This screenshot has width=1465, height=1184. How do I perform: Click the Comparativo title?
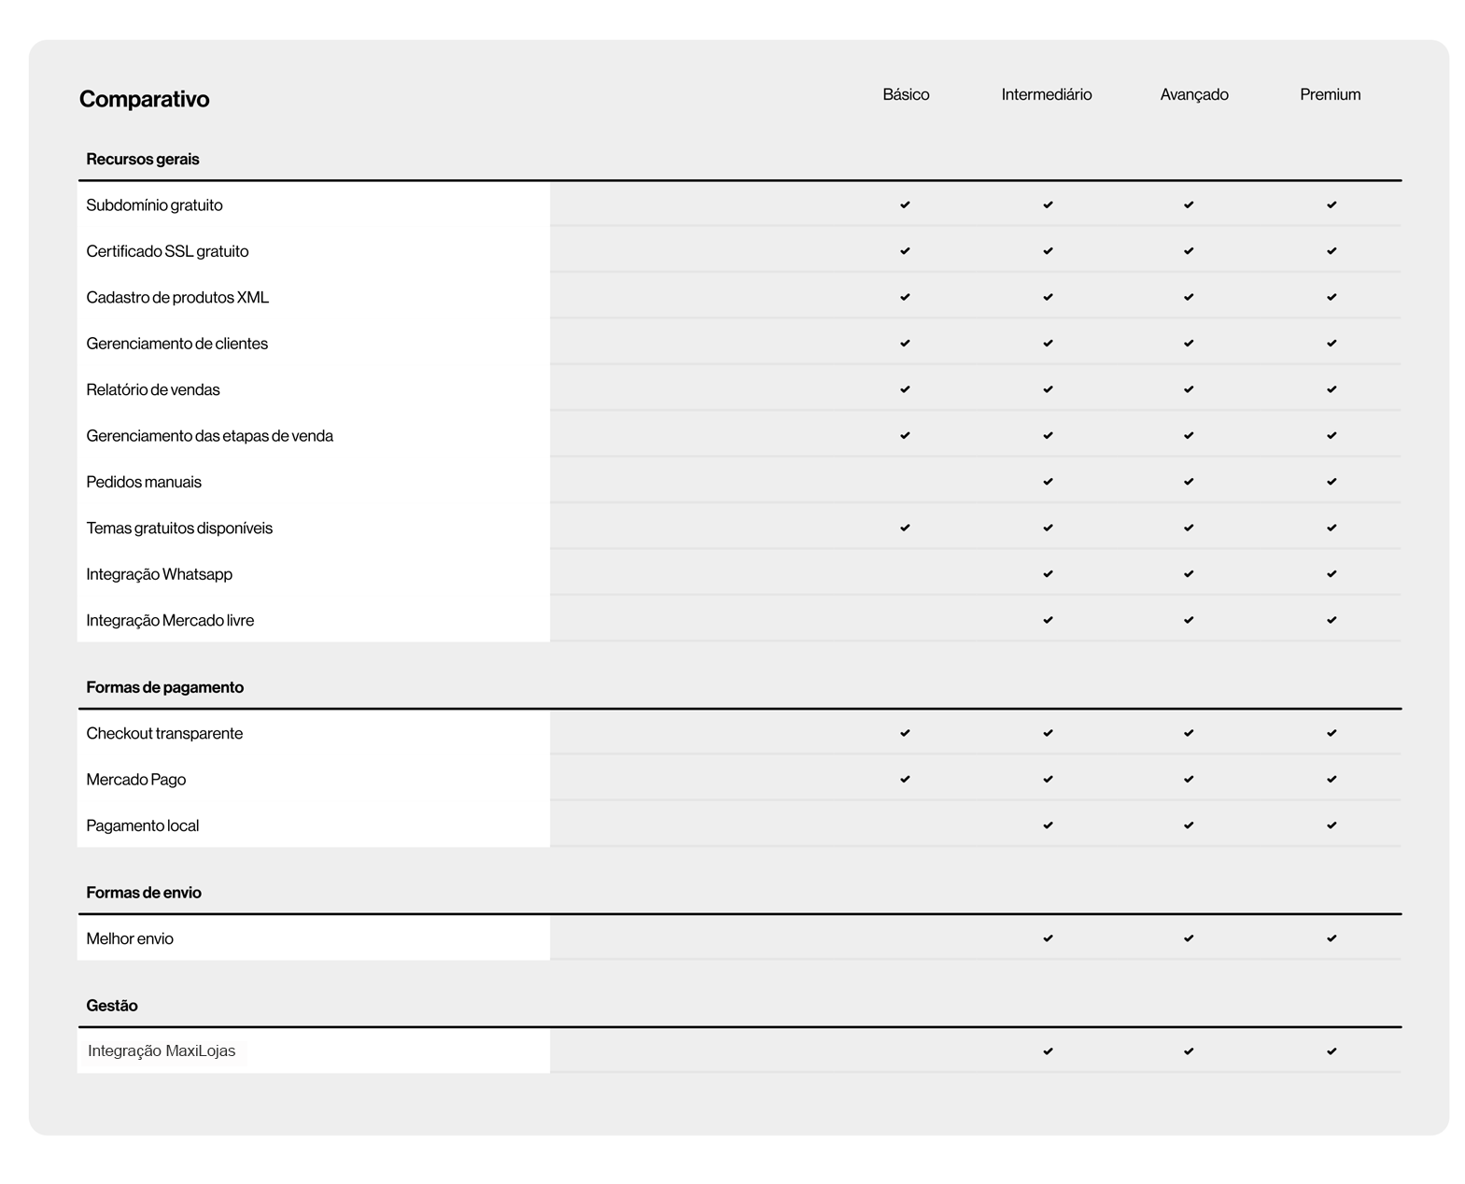pos(144,99)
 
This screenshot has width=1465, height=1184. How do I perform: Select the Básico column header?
pos(906,94)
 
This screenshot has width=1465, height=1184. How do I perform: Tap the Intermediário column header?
pos(1046,94)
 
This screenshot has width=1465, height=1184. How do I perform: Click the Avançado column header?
pos(1193,94)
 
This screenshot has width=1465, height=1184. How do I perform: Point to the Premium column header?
pos(1330,94)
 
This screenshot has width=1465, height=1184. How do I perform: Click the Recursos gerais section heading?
pos(142,159)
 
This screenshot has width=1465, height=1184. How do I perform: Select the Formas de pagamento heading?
pos(164,687)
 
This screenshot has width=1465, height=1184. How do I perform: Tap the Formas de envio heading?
pos(143,893)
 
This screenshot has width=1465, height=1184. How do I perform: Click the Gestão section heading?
pos(111,1006)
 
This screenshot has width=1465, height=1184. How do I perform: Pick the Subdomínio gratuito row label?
pos(154,205)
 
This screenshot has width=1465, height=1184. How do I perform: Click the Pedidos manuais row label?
pos(143,482)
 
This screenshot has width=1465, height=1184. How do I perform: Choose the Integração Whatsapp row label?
pos(159,574)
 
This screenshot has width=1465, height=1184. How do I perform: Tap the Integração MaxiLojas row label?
pos(162,1051)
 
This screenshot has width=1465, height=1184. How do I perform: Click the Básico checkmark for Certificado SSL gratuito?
pos(905,251)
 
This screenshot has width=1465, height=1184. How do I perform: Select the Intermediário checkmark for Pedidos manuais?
pos(1048,482)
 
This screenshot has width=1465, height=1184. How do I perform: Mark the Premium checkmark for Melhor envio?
pos(1331,938)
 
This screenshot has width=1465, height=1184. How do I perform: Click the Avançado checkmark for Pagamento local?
pos(1189,825)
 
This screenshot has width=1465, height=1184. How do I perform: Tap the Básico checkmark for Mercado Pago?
pos(905,780)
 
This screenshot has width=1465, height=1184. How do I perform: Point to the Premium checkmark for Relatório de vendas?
pos(1331,389)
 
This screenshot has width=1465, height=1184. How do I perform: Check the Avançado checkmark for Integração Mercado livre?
pos(1189,620)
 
